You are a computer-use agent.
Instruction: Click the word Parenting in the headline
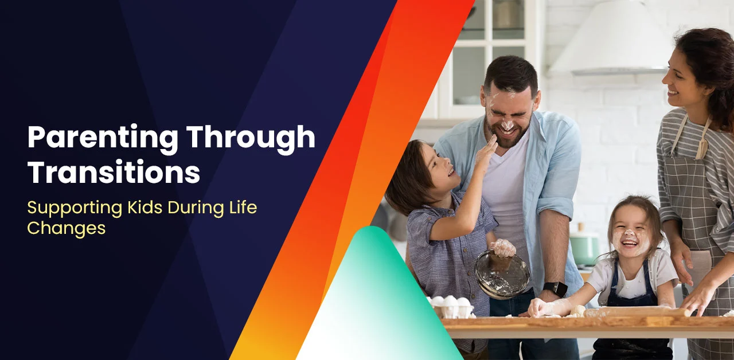[x=103, y=138]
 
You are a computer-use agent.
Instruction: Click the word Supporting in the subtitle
[x=75, y=209]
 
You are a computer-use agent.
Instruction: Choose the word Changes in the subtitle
[x=66, y=228]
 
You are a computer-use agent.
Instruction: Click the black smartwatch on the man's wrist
[x=555, y=289]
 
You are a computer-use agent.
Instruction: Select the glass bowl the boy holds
[x=502, y=275]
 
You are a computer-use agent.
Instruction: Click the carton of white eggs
[x=451, y=307]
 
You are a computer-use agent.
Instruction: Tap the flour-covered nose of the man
[x=507, y=124]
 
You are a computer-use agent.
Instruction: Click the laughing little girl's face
[x=630, y=235]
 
